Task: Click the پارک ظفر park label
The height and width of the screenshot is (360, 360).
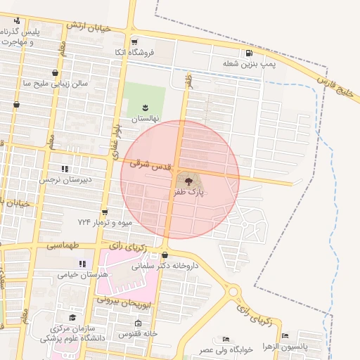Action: [187, 191]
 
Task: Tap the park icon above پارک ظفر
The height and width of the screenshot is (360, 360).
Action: [187, 181]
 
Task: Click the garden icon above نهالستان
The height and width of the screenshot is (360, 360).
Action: [146, 107]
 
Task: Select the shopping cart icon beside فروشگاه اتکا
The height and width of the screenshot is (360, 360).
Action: [134, 41]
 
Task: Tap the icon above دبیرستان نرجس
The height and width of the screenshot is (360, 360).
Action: [65, 169]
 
